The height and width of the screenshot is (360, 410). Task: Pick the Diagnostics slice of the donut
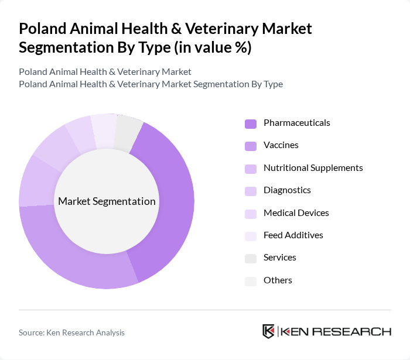(x=56, y=149)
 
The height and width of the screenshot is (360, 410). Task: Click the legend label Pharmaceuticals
(x=296, y=123)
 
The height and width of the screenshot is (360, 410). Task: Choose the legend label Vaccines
(x=281, y=145)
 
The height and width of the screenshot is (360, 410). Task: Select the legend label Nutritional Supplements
(x=313, y=168)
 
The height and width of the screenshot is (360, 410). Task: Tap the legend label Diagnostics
(x=287, y=190)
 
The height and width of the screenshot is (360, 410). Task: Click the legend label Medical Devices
(x=296, y=213)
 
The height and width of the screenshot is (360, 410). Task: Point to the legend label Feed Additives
(x=293, y=235)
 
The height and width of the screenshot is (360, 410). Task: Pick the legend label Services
(x=279, y=258)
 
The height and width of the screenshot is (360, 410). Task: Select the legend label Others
(x=278, y=280)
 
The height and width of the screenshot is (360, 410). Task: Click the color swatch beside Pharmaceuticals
(x=251, y=124)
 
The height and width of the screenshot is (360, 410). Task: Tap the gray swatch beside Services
(x=251, y=258)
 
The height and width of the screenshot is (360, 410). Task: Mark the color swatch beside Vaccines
(x=251, y=146)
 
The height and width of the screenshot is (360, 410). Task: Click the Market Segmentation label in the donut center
(x=107, y=201)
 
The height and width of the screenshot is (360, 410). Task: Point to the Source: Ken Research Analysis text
(x=71, y=332)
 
